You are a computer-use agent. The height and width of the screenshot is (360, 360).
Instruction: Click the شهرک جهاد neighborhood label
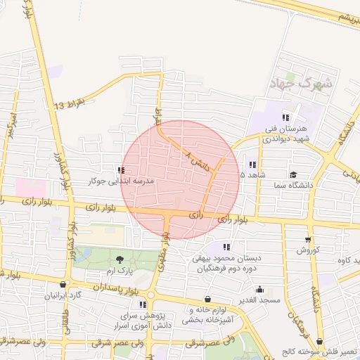(299, 84)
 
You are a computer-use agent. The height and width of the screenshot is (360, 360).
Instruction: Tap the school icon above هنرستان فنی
(285, 117)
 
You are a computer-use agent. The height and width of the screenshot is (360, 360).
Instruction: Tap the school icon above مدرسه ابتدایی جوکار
(122, 170)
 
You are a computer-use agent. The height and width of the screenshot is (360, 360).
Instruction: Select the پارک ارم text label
(119, 271)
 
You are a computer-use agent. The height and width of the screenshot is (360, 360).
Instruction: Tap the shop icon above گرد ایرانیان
(64, 285)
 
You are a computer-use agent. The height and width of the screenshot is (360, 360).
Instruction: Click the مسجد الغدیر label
(260, 300)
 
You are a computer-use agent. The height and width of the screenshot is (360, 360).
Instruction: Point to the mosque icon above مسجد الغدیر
(260, 289)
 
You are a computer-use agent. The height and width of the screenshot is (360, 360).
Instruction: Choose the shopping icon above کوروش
(307, 239)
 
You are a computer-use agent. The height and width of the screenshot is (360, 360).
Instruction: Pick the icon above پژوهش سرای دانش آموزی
(143, 304)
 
